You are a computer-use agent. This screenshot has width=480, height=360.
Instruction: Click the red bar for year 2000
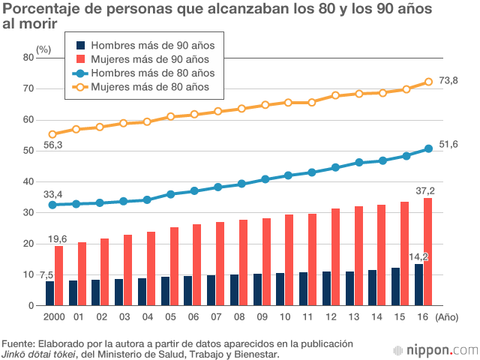[x=58, y=275]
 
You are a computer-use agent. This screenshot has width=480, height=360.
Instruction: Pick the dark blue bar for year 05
[x=166, y=291]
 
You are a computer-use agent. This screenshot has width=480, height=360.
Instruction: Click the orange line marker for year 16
[x=429, y=82]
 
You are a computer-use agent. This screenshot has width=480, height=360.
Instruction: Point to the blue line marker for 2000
[x=52, y=205]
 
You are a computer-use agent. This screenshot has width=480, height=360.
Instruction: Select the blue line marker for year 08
[x=241, y=184]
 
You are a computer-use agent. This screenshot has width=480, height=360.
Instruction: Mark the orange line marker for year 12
[x=335, y=95]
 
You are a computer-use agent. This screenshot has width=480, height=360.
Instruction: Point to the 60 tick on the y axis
[x=28, y=119]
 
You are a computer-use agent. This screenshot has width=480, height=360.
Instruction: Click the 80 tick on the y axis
[x=28, y=57]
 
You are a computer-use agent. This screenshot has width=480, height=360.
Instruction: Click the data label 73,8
[x=448, y=80]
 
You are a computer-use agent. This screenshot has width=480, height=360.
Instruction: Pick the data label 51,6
[x=448, y=144]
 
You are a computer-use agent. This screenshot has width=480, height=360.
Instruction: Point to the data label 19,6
[x=58, y=239]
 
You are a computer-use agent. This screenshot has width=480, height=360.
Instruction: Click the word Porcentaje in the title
[x=41, y=9]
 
